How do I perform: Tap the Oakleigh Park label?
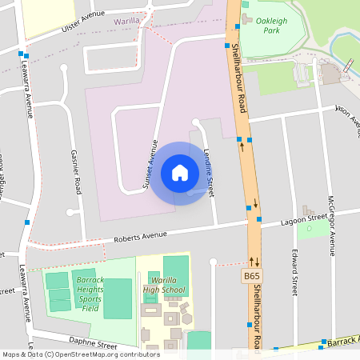(272, 31)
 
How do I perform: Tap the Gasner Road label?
(77, 171)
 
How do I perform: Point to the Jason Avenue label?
(348, 117)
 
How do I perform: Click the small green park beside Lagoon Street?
(306, 230)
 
